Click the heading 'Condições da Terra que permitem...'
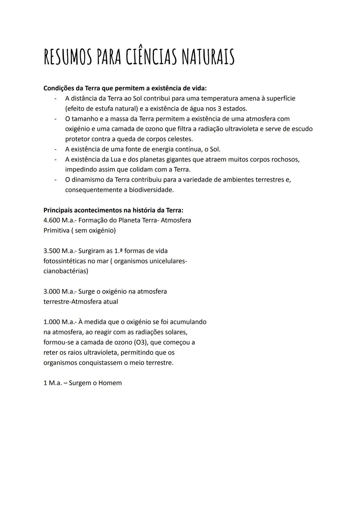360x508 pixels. point(125,88)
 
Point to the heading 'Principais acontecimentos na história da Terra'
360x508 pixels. point(113,210)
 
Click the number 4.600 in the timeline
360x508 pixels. point(52,220)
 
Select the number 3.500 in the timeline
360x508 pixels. point(52,251)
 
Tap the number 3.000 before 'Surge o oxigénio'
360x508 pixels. point(52,291)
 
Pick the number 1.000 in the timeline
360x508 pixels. point(52,322)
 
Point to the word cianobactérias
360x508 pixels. point(66,271)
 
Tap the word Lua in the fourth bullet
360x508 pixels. point(115,159)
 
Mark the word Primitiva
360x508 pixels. point(56,231)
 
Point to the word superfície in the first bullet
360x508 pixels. point(279,98)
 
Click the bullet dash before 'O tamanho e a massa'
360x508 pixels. point(55,119)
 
